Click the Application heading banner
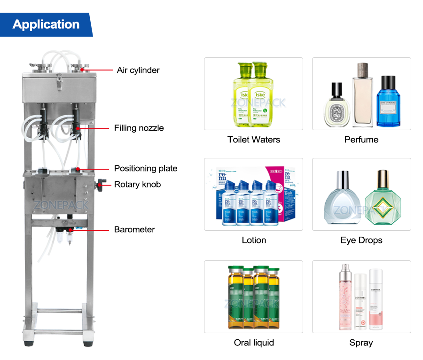pos(46,24)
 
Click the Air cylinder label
pos(138,70)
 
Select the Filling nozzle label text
pos(139,128)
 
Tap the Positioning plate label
pos(145,168)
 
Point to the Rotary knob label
pos(137,184)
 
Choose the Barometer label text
pos(134,229)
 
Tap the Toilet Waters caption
pos(253,140)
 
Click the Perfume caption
pos(361,140)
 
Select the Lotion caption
pos(254,240)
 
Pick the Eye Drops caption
pos(361,240)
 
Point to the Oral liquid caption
pos(254,343)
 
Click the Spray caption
pos(361,343)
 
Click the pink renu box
pos(282,193)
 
